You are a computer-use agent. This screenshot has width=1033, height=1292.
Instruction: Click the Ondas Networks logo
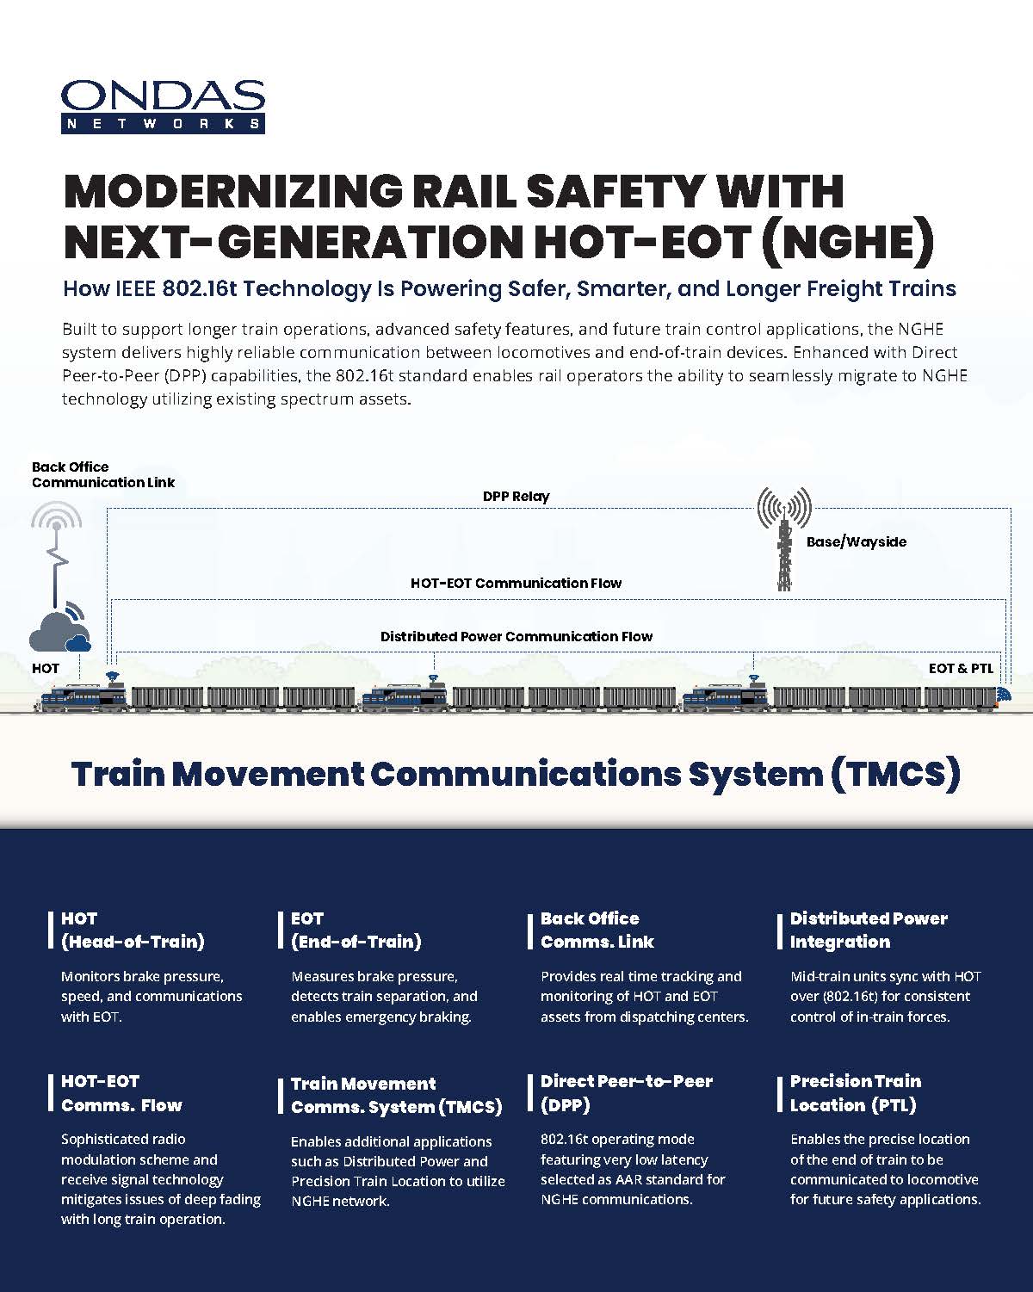coord(163,106)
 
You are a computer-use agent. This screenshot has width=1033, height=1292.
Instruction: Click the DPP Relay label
coord(516,497)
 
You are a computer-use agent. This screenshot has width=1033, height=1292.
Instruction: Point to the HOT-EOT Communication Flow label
coord(516,583)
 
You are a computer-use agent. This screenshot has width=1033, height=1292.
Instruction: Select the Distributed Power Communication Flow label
coord(516,636)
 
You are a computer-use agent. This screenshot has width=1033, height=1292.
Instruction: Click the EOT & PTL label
coord(961,668)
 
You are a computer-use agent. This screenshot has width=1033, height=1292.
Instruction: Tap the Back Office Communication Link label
coord(103,474)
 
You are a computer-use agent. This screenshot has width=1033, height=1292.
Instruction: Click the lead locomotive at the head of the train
coord(84,697)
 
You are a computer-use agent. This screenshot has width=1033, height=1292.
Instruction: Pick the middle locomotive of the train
coord(405,698)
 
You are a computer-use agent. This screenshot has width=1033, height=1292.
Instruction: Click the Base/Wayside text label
coord(857,541)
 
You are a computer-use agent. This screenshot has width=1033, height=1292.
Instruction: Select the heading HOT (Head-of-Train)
coord(133,930)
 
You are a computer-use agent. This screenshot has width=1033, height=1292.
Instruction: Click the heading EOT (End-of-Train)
coord(356,930)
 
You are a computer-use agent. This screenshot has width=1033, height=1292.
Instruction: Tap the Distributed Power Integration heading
coord(869,930)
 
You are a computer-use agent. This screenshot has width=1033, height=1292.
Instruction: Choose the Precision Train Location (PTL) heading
coord(855,1092)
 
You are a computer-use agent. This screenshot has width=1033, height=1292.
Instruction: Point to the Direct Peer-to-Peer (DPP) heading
coord(627,1092)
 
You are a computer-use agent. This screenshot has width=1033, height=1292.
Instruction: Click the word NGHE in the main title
coord(848,242)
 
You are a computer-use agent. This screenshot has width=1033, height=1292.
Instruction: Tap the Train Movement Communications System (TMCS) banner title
coord(516,774)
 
